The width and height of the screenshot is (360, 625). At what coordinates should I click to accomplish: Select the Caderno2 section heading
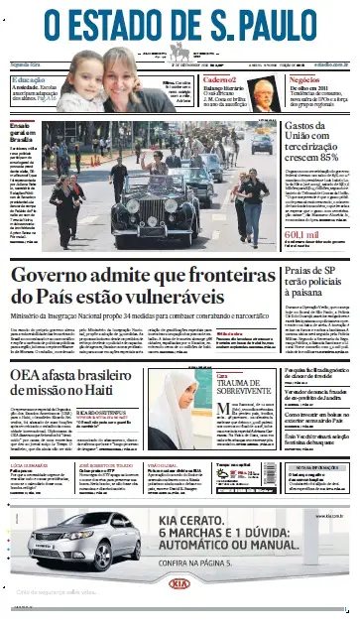tap(208, 79)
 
